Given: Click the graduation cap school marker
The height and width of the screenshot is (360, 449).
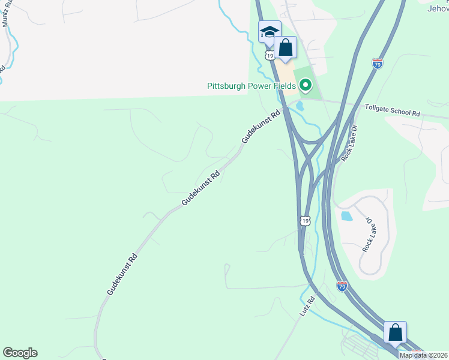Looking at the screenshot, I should (x=270, y=31).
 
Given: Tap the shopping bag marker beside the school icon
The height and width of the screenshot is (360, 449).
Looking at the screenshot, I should (x=286, y=47).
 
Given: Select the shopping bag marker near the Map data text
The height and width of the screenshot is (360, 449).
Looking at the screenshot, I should (x=396, y=332).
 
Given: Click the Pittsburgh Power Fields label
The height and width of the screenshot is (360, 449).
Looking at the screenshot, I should (x=251, y=86).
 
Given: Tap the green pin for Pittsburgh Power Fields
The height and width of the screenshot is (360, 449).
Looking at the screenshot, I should (x=306, y=86).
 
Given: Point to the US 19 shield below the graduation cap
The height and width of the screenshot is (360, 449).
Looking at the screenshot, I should (x=270, y=55).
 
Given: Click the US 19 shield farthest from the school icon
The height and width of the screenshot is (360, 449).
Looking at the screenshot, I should (x=305, y=221).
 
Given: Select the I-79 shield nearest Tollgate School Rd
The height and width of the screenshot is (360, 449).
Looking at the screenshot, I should (x=377, y=64).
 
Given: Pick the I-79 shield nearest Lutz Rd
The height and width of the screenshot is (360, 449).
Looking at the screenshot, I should (x=342, y=287).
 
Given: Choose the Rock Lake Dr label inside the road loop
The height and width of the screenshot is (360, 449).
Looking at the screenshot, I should (x=368, y=234).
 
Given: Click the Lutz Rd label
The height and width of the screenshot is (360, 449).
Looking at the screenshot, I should (x=306, y=307).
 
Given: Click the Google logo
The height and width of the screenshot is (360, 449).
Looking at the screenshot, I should (x=20, y=353).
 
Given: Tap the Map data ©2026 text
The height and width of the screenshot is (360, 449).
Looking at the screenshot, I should (x=423, y=355).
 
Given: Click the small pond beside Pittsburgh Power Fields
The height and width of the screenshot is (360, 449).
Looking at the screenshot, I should (x=300, y=106).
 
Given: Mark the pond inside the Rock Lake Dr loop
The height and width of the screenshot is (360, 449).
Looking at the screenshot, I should (x=346, y=216).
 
